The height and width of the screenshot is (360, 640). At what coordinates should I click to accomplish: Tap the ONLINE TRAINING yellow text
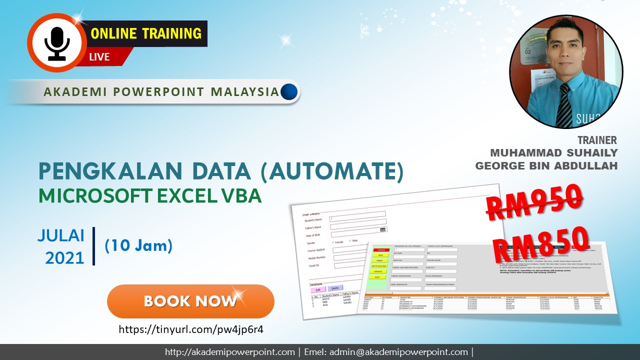click(x=146, y=33)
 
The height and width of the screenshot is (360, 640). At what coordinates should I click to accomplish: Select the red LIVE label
click(x=99, y=56)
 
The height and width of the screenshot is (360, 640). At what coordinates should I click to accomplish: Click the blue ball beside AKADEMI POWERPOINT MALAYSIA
click(x=289, y=91)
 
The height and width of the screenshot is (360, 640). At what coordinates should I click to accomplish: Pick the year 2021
click(x=64, y=257)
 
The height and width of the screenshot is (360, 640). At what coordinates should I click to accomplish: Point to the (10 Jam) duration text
click(x=138, y=245)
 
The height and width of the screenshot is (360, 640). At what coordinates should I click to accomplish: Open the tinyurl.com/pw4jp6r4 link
click(x=190, y=329)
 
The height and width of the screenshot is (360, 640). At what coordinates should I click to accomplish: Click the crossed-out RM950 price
click(x=534, y=200)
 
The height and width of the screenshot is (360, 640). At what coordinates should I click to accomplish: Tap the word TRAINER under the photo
click(x=597, y=140)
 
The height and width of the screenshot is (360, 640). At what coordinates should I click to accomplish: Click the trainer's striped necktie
click(x=564, y=105)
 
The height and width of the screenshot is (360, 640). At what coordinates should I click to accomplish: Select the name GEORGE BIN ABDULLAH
click(x=546, y=165)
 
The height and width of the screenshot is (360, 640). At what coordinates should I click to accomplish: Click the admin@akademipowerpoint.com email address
click(x=398, y=352)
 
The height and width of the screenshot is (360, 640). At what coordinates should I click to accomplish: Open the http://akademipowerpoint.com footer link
click(x=230, y=352)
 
